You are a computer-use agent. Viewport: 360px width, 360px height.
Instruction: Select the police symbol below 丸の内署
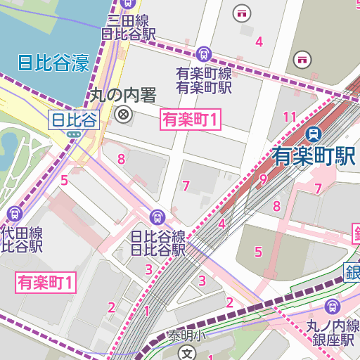124,114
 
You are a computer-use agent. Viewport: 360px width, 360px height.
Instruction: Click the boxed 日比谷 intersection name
73,119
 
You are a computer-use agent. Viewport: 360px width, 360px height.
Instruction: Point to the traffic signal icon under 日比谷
73,134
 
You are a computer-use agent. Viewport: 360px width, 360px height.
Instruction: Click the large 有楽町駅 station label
314,155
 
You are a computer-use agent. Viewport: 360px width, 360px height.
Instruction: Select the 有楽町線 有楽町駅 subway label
204,80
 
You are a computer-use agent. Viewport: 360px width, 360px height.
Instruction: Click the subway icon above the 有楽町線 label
204,53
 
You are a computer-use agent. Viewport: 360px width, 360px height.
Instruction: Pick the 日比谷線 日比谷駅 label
158,243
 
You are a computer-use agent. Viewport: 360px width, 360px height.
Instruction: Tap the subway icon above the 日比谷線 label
158,217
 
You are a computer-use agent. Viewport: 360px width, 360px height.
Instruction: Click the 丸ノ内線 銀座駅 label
333,332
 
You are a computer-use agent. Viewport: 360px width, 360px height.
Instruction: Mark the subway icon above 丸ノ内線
332,306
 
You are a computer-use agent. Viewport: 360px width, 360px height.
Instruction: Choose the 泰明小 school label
186,336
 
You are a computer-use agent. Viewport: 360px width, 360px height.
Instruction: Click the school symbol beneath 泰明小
186,352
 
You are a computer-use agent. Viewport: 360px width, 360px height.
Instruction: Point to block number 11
289,116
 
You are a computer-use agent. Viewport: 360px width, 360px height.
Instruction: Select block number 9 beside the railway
263,179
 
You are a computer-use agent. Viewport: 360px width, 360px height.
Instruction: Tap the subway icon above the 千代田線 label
14,213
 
